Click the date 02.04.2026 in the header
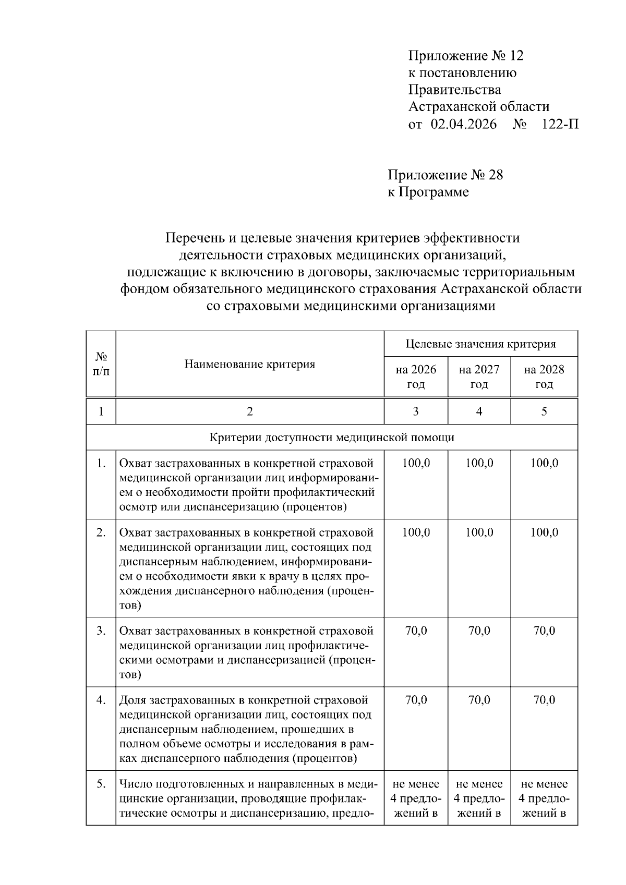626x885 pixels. point(464,124)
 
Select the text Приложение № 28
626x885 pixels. point(445,175)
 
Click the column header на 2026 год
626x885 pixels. point(416,377)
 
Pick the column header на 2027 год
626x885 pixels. point(479,377)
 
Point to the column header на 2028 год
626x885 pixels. point(544,377)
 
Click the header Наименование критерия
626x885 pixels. point(249,364)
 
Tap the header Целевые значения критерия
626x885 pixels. point(480,344)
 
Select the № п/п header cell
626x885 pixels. point(101,364)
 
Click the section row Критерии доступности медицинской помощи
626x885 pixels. point(332,437)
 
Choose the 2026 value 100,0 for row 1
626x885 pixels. point(416,463)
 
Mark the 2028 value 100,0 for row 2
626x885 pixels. point(544,532)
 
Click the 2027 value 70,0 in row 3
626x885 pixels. point(479,631)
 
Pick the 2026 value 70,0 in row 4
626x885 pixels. point(416,700)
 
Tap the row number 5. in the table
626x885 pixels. point(101,784)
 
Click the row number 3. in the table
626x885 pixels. point(101,631)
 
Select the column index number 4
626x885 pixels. point(479,411)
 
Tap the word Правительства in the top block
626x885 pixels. point(454,90)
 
